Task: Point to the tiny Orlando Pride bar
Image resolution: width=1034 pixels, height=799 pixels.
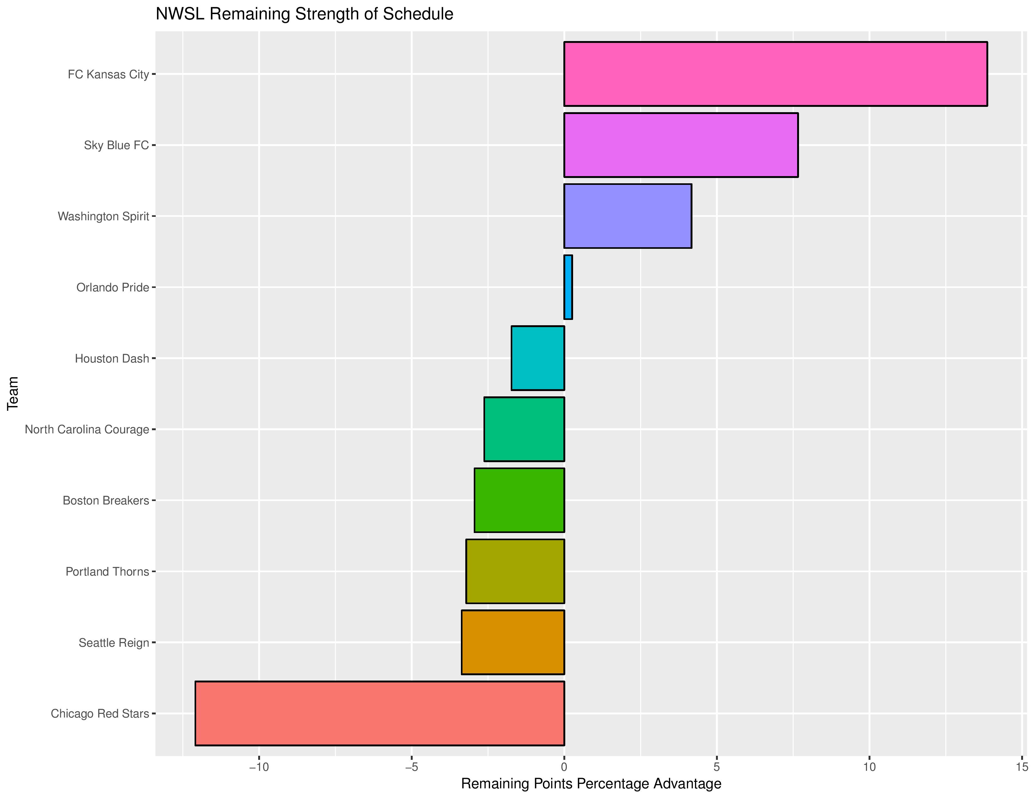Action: [x=568, y=287]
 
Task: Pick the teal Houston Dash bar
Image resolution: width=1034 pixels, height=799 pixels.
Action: [x=538, y=358]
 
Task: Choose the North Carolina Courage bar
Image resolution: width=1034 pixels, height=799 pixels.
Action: [x=524, y=429]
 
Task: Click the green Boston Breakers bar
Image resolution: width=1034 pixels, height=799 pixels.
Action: [x=520, y=500]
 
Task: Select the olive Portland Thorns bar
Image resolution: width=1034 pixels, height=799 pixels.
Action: [x=515, y=571]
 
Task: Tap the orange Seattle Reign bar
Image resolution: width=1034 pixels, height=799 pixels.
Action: [x=513, y=642]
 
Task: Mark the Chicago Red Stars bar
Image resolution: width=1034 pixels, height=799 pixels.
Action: [x=380, y=713]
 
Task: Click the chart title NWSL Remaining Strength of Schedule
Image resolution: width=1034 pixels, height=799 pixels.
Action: [x=305, y=14]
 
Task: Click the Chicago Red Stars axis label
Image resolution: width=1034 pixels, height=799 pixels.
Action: [x=100, y=714]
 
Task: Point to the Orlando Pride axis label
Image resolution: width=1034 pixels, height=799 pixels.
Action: [x=113, y=288]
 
